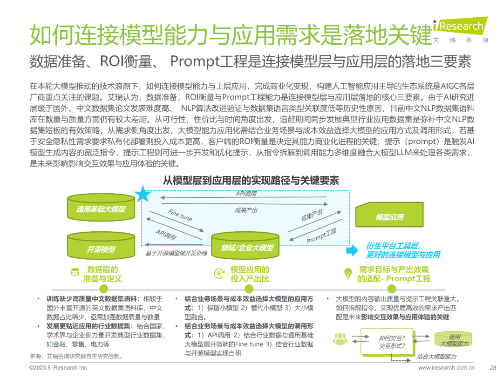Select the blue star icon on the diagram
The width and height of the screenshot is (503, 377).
pos(143,194)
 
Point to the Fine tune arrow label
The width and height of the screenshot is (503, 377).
pos(180,215)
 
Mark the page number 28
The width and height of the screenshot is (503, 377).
pos(493,367)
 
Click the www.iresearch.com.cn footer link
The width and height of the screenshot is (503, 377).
pos(447,367)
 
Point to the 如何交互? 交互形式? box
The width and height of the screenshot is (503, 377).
pos(392,342)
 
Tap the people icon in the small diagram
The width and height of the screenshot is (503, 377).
pos(340,339)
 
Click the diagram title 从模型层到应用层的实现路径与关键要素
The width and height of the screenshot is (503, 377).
pos(251,180)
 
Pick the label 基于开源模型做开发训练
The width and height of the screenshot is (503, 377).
pos(177,253)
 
